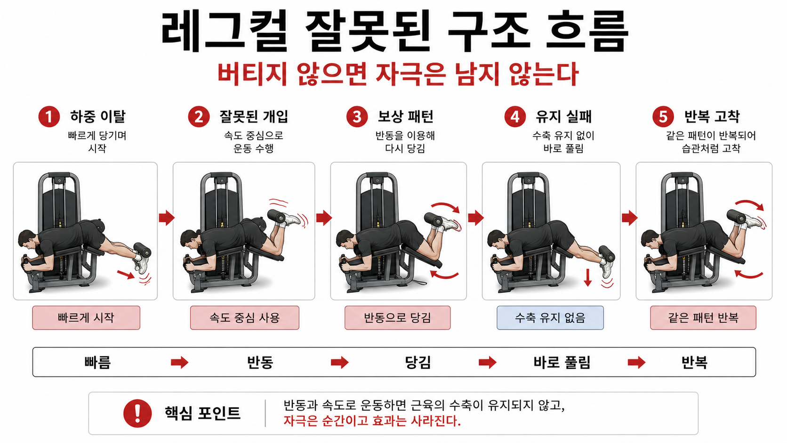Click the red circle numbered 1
pyautogui.click(x=49, y=116)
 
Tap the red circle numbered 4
pyautogui.click(x=514, y=116)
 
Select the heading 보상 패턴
pyautogui.click(x=405, y=116)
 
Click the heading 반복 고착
pyautogui.click(x=711, y=116)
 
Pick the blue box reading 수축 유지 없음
pyautogui.click(x=550, y=318)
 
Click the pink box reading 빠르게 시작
pyautogui.click(x=86, y=318)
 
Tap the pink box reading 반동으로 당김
pyautogui.click(x=397, y=318)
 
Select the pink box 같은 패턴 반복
pyautogui.click(x=703, y=318)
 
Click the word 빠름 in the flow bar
pyautogui.click(x=97, y=362)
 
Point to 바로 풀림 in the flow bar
pyautogui.click(x=562, y=362)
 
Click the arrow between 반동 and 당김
pyautogui.click(x=339, y=362)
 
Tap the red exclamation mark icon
pyautogui.click(x=137, y=413)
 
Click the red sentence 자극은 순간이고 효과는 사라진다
pyautogui.click(x=372, y=421)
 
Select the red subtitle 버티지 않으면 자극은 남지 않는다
pyautogui.click(x=398, y=74)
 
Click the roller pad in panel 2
pyautogui.click(x=277, y=216)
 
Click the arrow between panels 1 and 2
pyautogui.click(x=166, y=217)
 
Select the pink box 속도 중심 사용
pyautogui.click(x=244, y=318)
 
